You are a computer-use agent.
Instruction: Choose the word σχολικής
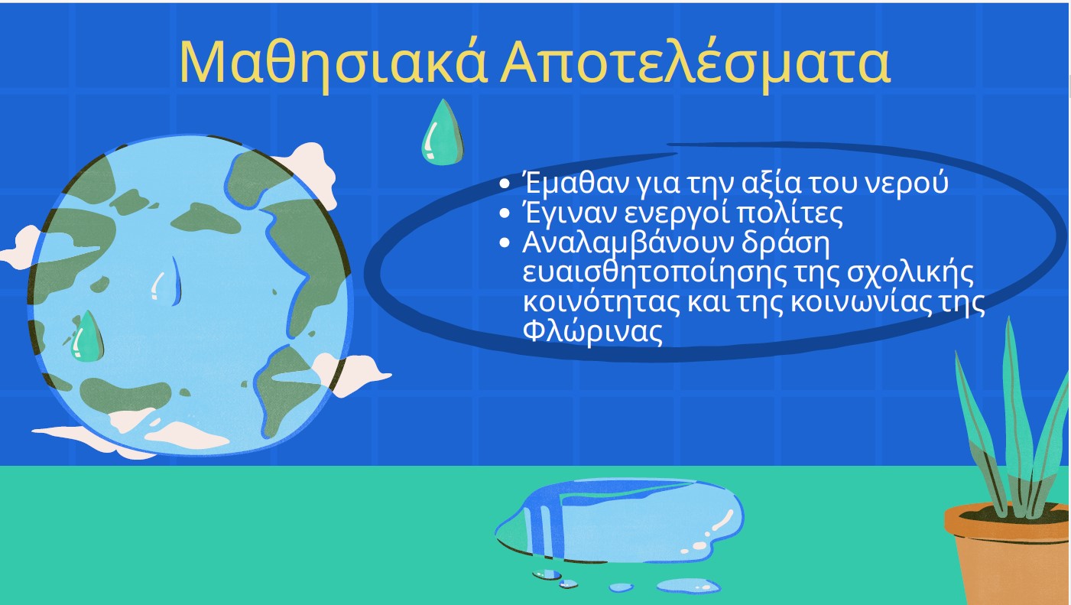[910, 275]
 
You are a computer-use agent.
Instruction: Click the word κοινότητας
[601, 302]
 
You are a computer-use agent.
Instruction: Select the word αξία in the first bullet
[771, 184]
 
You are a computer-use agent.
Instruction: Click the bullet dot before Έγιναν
[505, 213]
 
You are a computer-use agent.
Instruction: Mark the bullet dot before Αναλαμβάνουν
[505, 243]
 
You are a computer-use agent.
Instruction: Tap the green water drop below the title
[443, 133]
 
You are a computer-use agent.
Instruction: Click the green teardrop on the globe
[87, 337]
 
